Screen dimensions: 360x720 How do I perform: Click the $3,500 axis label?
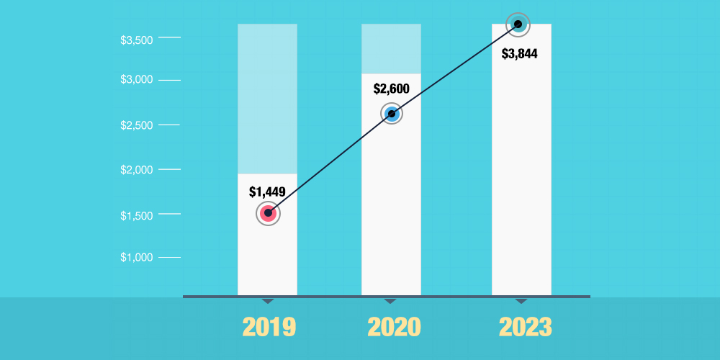(136, 40)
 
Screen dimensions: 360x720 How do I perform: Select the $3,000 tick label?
(136, 79)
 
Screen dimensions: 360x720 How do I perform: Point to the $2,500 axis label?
(136, 125)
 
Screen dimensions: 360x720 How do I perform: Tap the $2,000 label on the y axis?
(136, 170)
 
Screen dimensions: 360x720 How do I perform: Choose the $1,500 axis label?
(136, 215)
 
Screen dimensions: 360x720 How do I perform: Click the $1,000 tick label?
(136, 257)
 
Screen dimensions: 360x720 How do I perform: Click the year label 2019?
(269, 327)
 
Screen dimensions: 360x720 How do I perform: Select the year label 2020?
(394, 327)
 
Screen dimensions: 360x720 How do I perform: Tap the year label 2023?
(526, 327)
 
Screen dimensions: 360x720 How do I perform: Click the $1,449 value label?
(268, 192)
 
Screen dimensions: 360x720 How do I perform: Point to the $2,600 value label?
(392, 89)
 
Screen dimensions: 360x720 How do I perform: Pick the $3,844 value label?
(520, 53)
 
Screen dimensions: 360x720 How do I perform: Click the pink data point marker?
(268, 213)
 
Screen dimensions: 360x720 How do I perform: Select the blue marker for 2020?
(392, 114)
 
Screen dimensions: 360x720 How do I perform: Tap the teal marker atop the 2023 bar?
(518, 24)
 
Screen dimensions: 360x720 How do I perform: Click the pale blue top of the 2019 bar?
(268, 99)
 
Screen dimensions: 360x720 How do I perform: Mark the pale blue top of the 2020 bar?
(392, 49)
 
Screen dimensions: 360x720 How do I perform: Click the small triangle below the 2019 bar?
(268, 300)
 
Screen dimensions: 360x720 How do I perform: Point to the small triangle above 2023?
(521, 300)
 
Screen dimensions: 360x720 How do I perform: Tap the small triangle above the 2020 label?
(390, 300)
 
